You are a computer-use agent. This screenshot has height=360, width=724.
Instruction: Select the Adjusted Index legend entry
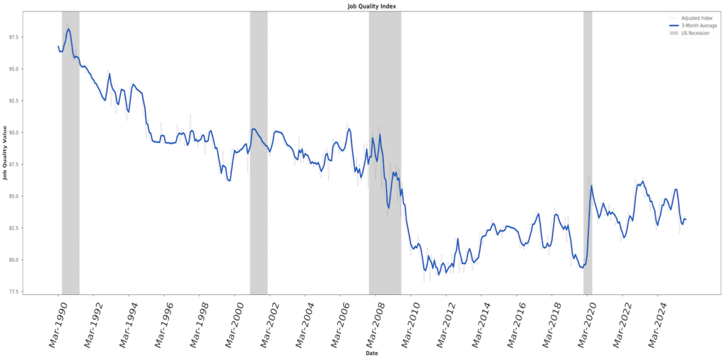pyautogui.click(x=696, y=18)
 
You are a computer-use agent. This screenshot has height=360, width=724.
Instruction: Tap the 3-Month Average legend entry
pyautogui.click(x=699, y=25)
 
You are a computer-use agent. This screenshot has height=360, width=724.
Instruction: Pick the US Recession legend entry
pyautogui.click(x=695, y=33)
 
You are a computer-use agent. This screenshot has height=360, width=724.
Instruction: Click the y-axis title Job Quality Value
pyautogui.click(x=6, y=152)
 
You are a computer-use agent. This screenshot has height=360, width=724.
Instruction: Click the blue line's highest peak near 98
pyautogui.click(x=69, y=29)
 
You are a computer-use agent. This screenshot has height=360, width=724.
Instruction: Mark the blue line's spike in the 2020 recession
pyautogui.click(x=591, y=186)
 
